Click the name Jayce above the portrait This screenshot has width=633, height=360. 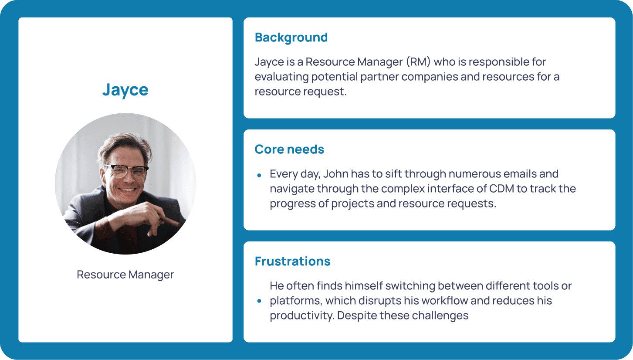coord(125,90)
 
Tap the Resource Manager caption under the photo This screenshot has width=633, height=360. coord(125,275)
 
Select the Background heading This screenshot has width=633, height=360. coord(291,37)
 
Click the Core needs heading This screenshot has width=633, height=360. coord(289,149)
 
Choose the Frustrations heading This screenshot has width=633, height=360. coord(292,262)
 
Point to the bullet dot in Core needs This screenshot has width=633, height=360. coord(259,176)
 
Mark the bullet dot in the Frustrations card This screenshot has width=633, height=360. coord(259,301)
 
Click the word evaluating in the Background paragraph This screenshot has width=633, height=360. coord(282,77)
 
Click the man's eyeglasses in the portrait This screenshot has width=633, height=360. coord(126,170)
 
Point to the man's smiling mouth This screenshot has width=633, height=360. coord(127,189)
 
